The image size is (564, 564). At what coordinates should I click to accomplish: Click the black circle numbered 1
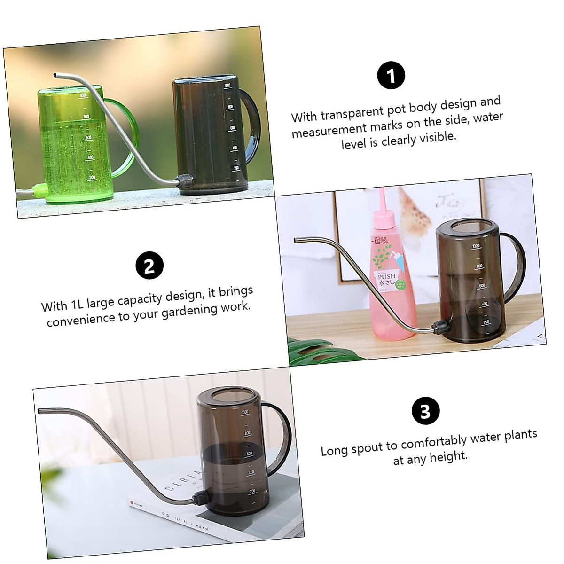coord(391,75)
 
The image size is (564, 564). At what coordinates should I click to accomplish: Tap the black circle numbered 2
coord(149,266)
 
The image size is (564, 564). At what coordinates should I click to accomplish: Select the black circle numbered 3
coord(425,411)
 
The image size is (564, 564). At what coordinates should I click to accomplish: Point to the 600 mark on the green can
coord(88,137)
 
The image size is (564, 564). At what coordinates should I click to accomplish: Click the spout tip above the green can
coord(56,75)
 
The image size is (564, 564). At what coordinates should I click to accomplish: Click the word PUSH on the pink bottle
coord(386,276)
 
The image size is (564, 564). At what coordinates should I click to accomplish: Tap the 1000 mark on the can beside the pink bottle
coord(476,246)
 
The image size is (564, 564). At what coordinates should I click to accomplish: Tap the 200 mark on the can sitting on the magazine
coord(253,491)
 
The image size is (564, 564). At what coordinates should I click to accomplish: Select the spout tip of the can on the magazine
coord(40,411)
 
